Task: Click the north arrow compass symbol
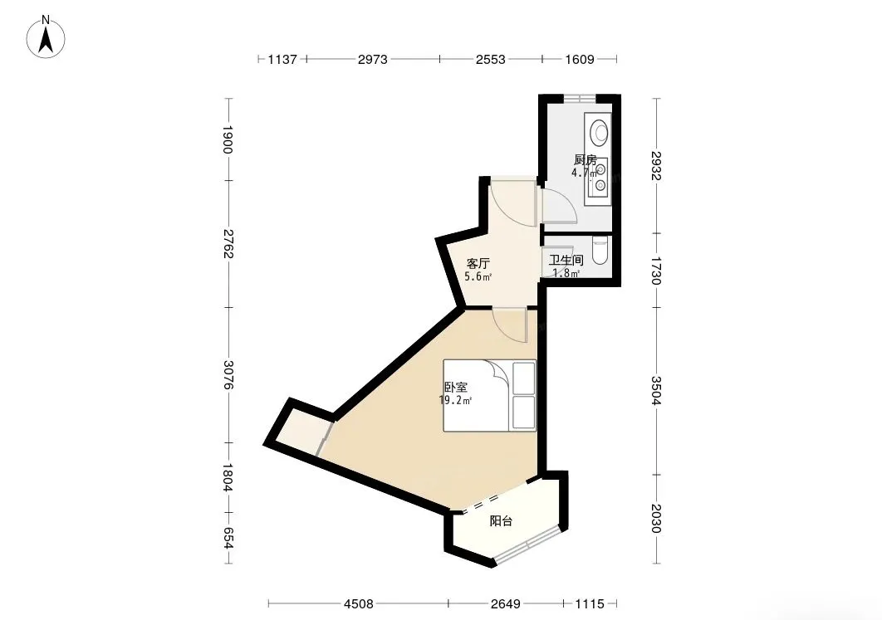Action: point(47,37)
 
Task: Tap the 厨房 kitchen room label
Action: point(585,159)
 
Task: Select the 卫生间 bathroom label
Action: point(566,261)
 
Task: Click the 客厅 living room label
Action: point(478,263)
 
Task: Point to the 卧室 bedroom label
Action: point(456,388)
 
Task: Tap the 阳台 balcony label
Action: point(501,521)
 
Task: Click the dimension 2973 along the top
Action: point(372,59)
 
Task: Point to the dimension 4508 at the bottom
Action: point(358,603)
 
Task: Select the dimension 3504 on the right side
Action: point(656,390)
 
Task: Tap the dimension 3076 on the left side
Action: point(228,375)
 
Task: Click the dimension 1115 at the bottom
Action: point(590,603)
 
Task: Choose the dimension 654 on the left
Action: point(228,537)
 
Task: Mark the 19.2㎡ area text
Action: point(455,400)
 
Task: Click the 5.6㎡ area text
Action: point(478,276)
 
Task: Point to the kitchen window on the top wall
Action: point(580,99)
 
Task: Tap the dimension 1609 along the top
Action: point(580,59)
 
